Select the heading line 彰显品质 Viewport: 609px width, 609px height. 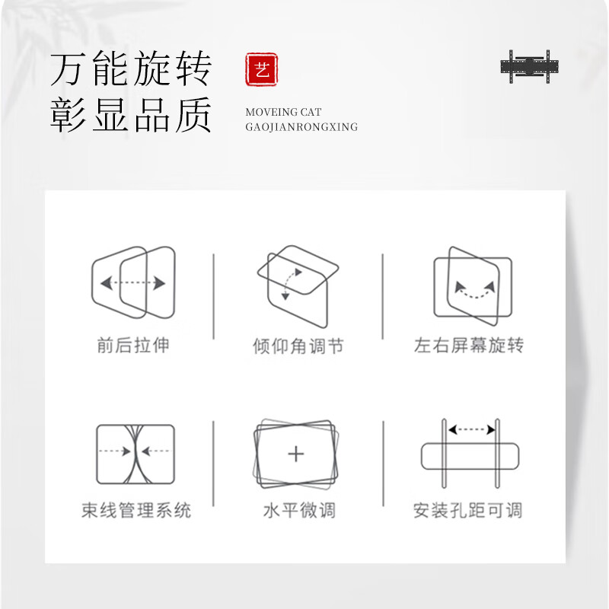(x=130, y=117)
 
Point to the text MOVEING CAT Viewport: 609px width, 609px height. (x=283, y=112)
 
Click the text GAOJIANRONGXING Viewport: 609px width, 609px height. (x=301, y=127)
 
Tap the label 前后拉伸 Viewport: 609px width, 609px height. (x=133, y=346)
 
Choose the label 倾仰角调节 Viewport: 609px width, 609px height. (x=298, y=347)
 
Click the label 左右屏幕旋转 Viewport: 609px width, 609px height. (x=468, y=346)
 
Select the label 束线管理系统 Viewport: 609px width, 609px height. (x=136, y=510)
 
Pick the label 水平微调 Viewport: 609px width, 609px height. (x=298, y=510)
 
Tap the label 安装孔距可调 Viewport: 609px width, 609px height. (x=468, y=510)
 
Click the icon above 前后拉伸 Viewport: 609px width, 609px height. (x=133, y=282)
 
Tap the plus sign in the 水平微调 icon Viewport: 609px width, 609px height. (x=296, y=454)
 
